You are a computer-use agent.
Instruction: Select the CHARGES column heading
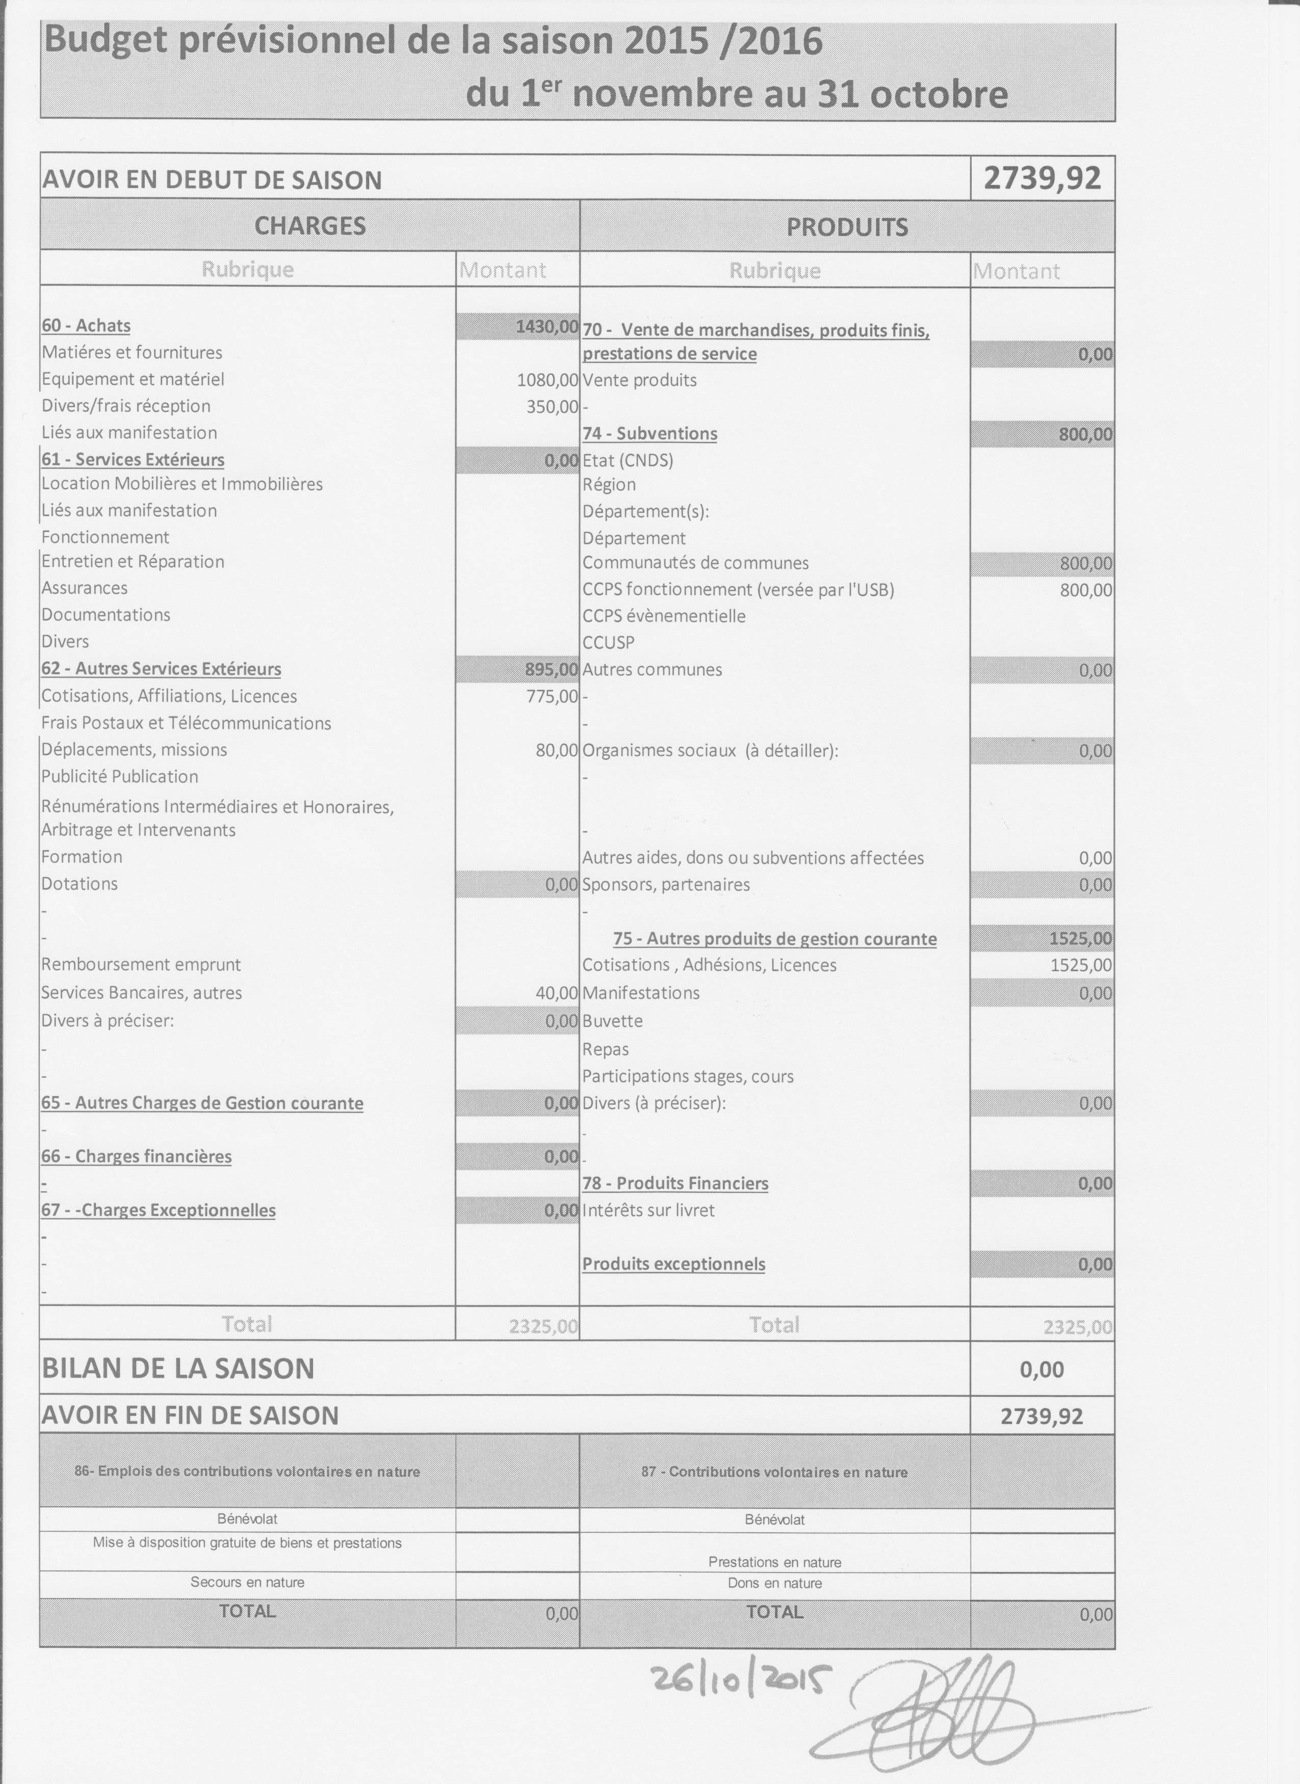(309, 226)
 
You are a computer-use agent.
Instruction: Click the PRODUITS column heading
(847, 227)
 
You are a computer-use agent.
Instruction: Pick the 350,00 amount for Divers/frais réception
(553, 407)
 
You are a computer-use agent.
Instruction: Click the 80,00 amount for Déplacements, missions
(556, 750)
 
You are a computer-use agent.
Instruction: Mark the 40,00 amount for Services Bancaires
(556, 993)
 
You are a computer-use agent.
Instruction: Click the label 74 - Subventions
(649, 434)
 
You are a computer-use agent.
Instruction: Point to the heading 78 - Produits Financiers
(674, 1183)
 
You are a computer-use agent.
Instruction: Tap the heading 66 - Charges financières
(136, 1156)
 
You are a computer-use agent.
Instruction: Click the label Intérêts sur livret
(647, 1210)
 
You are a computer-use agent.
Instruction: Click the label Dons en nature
(774, 1583)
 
